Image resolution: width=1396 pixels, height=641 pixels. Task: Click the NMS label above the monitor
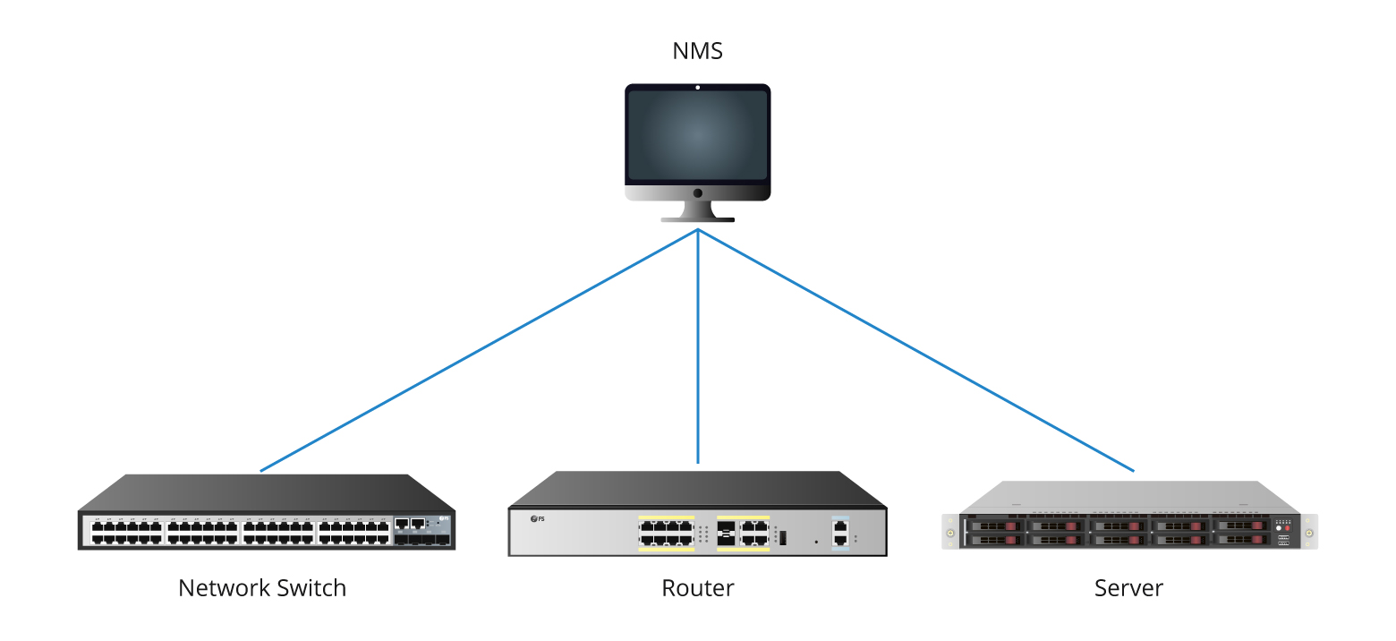point(697,51)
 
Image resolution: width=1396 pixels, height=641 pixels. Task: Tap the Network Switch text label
point(262,588)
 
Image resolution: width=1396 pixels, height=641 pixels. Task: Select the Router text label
point(697,588)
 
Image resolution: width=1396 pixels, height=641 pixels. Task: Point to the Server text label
point(1128,588)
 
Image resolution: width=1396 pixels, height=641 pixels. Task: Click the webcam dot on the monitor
point(697,88)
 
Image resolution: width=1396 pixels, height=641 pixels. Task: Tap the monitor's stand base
point(697,218)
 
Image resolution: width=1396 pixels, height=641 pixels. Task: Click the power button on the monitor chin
point(697,192)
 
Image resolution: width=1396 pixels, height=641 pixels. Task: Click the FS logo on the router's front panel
point(538,519)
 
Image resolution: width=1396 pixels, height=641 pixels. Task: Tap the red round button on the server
point(1288,528)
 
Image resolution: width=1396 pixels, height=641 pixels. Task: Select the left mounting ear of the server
point(949,533)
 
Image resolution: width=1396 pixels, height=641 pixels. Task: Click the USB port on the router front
point(782,537)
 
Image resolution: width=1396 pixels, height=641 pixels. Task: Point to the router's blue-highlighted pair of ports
point(839,533)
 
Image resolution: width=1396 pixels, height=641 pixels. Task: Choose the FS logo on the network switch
point(443,518)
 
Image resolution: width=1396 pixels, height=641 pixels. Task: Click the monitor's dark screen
point(697,134)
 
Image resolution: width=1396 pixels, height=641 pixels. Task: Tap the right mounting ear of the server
point(1309,533)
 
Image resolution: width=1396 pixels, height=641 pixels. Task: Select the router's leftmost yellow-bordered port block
point(666,534)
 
